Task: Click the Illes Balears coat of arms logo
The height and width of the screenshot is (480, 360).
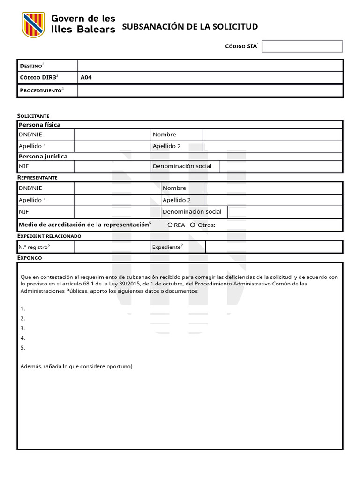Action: click(x=33, y=25)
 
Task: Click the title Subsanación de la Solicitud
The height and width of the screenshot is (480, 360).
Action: click(x=190, y=27)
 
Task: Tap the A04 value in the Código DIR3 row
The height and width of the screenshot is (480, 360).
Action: click(x=86, y=78)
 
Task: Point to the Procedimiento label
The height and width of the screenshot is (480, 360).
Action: click(x=40, y=90)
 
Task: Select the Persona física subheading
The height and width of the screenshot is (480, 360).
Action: click(x=39, y=125)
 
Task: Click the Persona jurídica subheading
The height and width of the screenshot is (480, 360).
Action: click(x=43, y=156)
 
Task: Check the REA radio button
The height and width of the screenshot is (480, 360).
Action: click(x=170, y=225)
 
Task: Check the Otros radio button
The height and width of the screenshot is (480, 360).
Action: click(x=193, y=225)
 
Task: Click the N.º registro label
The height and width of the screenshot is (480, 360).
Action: click(x=33, y=247)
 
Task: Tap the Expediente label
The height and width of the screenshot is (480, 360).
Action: click(x=166, y=247)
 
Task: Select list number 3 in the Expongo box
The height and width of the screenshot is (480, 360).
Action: click(x=23, y=328)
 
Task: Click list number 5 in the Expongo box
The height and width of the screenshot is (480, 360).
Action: click(x=23, y=348)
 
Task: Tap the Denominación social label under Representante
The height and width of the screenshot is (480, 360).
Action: click(x=192, y=212)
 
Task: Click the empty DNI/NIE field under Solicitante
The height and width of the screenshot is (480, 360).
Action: click(x=112, y=135)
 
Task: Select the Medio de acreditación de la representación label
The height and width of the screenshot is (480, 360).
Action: click(x=83, y=225)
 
